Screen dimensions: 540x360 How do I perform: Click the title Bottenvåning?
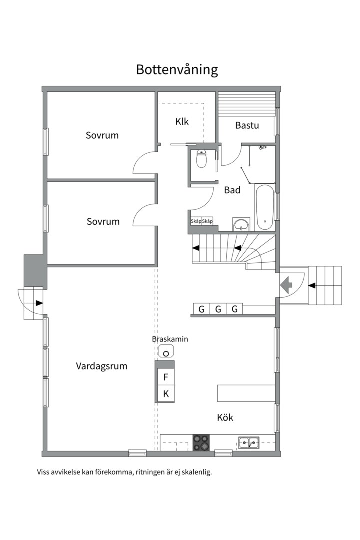pos(177,69)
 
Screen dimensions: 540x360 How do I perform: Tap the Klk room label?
pos(182,121)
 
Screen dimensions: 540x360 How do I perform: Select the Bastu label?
pos(247,125)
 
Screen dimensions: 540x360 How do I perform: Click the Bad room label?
pos(232,190)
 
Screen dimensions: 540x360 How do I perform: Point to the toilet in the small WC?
pos(202,159)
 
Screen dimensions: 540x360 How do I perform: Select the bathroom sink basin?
pos(241,223)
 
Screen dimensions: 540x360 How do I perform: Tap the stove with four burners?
pos(202,442)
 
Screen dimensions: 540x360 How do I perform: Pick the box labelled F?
pos(166,377)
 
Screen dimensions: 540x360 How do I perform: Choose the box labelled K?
pos(166,394)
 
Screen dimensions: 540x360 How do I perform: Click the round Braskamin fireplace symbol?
pos(166,353)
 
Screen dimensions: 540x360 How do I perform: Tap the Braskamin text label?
pos(170,339)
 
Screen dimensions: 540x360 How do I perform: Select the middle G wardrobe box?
pos(218,309)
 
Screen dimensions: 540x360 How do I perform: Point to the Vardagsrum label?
pos(101,366)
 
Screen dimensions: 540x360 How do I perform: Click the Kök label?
pos(225,417)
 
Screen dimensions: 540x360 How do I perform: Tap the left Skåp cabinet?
pos(196,221)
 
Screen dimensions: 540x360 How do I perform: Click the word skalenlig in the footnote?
pos(197,472)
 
